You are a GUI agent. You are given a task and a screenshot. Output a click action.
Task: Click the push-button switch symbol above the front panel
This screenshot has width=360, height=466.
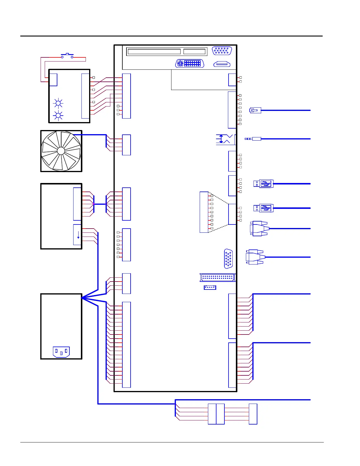(x=67, y=55)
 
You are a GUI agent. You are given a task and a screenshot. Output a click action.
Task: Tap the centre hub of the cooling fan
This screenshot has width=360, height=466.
(x=61, y=151)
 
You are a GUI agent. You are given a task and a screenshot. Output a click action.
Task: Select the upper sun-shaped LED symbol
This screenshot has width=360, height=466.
(x=58, y=103)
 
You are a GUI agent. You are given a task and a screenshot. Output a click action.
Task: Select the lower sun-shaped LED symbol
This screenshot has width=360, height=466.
(x=58, y=115)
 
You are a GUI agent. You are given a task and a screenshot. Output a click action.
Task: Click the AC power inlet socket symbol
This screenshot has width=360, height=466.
(x=61, y=352)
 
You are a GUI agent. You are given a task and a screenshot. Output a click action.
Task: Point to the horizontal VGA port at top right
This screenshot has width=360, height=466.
(x=222, y=51)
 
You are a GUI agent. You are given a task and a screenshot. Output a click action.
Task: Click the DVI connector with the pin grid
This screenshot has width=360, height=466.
(x=190, y=64)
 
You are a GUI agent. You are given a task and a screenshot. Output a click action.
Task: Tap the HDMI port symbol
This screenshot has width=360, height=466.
(x=222, y=64)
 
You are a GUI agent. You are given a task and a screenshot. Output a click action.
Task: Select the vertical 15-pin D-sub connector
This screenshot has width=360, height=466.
(x=229, y=259)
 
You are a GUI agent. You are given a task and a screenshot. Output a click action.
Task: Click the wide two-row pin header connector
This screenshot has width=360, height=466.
(x=217, y=277)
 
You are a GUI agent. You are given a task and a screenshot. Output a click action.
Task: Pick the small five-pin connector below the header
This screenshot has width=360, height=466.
(x=210, y=287)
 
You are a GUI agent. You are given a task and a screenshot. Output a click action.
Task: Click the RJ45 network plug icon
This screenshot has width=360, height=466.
(x=255, y=110)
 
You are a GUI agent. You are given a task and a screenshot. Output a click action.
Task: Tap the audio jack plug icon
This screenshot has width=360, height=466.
(x=253, y=139)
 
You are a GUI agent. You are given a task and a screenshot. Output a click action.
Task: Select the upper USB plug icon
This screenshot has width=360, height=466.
(x=264, y=184)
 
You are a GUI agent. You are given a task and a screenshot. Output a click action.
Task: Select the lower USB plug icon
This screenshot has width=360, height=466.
(x=264, y=208)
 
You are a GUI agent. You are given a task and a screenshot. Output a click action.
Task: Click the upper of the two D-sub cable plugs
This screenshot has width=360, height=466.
(x=259, y=229)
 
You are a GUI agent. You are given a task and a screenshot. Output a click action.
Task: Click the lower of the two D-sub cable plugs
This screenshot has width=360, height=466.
(x=255, y=257)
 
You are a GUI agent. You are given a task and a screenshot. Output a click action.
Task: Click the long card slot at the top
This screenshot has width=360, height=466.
(x=154, y=51)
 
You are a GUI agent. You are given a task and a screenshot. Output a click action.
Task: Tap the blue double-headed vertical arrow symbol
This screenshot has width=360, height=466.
(x=221, y=139)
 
